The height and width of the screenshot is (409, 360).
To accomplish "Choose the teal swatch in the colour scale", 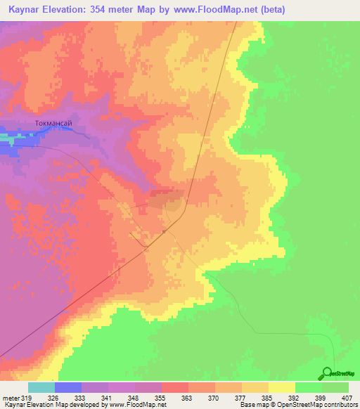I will [x=41, y=387].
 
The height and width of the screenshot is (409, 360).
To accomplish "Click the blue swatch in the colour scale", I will [x=68, y=387].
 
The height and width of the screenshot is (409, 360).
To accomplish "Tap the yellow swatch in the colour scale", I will [x=282, y=387].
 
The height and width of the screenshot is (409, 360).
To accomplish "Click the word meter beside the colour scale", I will [x=11, y=396].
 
